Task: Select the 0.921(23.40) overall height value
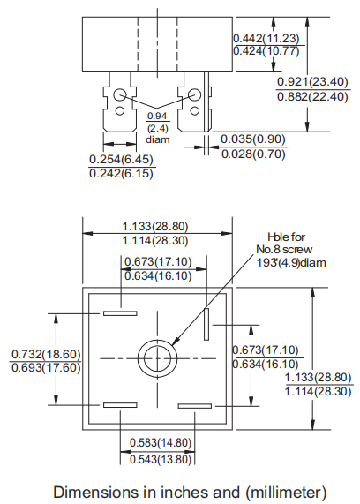311,81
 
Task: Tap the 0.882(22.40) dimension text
311,96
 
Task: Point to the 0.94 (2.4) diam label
156,127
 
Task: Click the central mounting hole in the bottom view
155,357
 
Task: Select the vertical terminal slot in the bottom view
206,324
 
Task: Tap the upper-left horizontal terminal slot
119,312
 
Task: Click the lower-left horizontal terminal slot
119,405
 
